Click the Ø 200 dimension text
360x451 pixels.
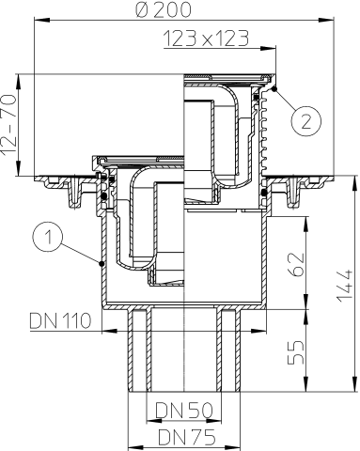pos(164,9)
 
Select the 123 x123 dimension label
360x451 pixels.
pos(206,39)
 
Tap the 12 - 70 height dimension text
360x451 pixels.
pos(8,125)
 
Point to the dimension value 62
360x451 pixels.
pos(296,264)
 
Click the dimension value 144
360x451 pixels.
pos(345,285)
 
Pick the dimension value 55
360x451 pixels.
pos(296,352)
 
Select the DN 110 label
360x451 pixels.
pos(60,320)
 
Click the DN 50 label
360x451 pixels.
pos(184,411)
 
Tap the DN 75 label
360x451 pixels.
pos(187,437)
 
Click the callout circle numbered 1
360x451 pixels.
pos(47,237)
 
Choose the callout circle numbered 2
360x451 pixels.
pos(306,121)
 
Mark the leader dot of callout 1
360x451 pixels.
pos(102,264)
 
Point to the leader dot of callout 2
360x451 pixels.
pos(274,89)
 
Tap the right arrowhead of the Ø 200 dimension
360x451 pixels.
pos(326,20)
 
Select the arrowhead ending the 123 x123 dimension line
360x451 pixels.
pos(268,48)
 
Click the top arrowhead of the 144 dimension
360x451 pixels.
pos(355,184)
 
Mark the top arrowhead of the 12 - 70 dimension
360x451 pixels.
pos(19,82)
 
